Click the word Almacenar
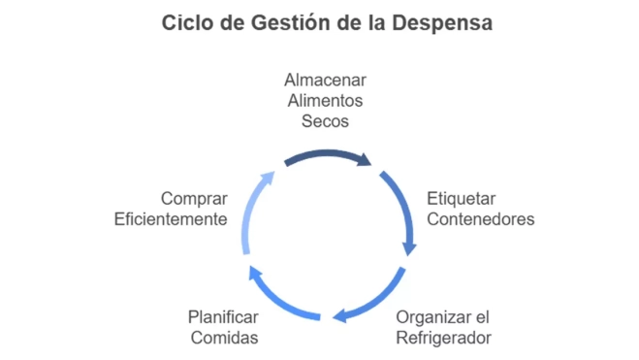click(325, 80)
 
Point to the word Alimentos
click(325, 101)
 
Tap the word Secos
click(325, 122)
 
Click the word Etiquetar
click(462, 198)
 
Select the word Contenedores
click(481, 219)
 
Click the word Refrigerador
click(444, 338)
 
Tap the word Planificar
click(223, 316)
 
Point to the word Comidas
click(223, 338)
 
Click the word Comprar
click(195, 198)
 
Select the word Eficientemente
click(171, 219)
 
